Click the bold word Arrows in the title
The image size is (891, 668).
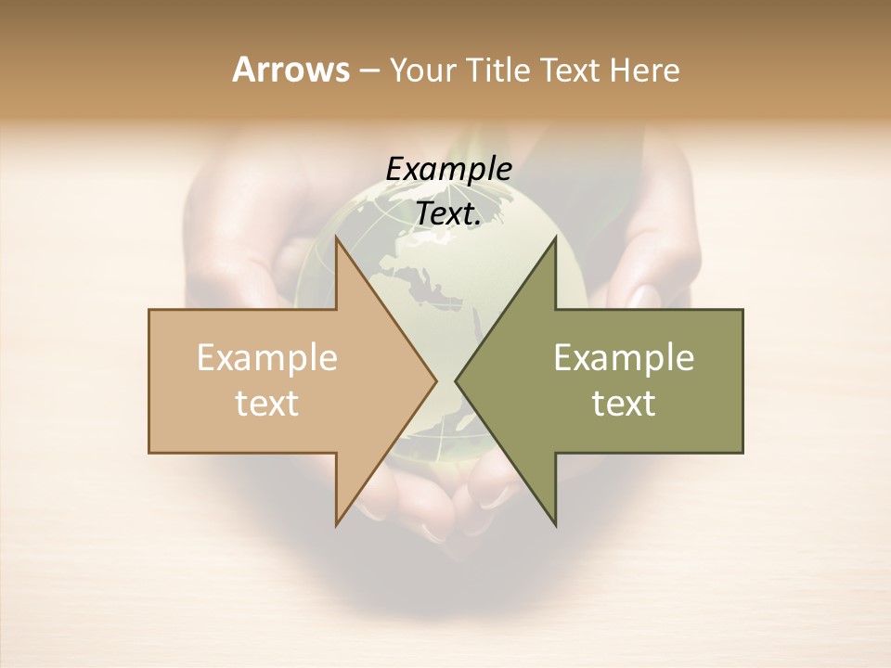[291, 70]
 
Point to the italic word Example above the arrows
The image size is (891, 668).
[449, 170]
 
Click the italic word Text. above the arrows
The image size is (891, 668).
[449, 214]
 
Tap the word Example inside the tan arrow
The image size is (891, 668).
[267, 358]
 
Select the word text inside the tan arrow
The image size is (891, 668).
[267, 404]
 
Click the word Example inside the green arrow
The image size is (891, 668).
[624, 358]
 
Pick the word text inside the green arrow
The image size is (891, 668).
[624, 404]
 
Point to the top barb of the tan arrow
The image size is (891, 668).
[338, 241]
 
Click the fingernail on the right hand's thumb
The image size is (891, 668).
[642, 297]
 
